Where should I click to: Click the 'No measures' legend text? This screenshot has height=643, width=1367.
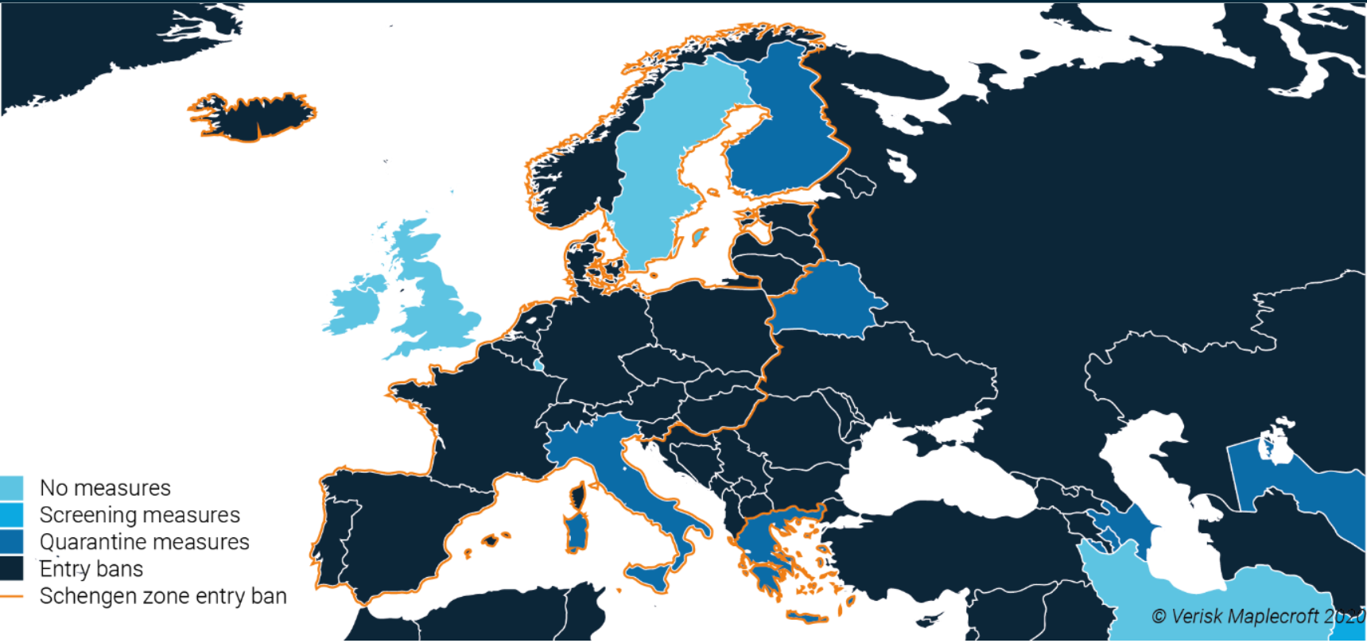pos(105,487)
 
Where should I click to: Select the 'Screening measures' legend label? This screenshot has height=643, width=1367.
pos(139,515)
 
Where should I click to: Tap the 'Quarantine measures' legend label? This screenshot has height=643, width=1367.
pos(144,542)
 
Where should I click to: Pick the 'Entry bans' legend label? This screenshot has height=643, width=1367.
pos(91,569)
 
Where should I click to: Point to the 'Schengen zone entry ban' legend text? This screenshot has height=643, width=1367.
pos(163,596)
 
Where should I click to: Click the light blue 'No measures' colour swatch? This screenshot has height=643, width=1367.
pos(11,487)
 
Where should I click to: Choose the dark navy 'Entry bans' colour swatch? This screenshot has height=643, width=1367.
pos(11,569)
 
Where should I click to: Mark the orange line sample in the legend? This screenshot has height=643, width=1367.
pos(11,596)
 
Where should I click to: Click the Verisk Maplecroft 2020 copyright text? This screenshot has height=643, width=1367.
pos(1256,616)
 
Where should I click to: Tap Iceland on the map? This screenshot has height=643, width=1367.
pos(254,118)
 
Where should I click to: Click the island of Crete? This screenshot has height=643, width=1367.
pos(807,617)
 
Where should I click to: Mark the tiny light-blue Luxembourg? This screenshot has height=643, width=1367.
pos(539,366)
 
